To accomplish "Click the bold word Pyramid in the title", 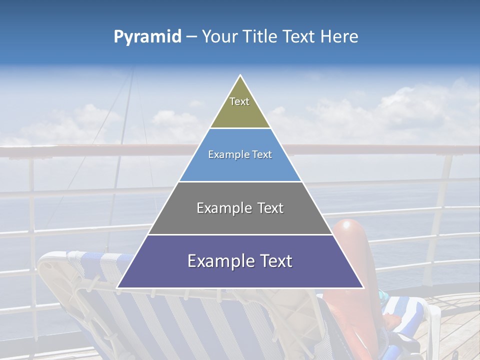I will pyautogui.click(x=147, y=37).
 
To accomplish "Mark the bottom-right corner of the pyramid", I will pyautogui.click(x=362, y=287).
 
